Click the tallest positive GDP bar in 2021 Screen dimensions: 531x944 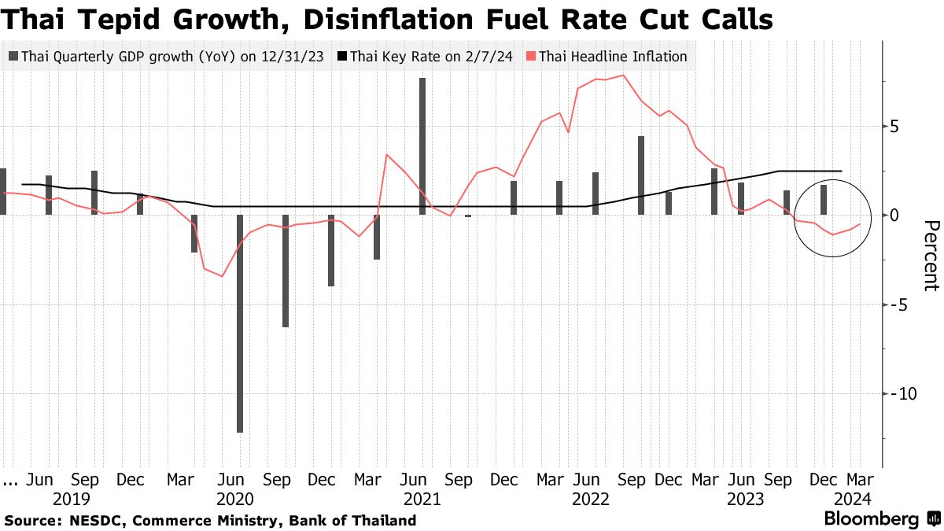pos(422,146)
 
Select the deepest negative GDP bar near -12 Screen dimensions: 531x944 pos(239,323)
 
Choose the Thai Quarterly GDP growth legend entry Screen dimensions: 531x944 pos(168,57)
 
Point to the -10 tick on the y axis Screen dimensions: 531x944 pos(897,393)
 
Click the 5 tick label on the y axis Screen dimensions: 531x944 pos(894,126)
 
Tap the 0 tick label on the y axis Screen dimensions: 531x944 pos(894,215)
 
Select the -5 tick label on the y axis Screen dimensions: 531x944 pos(897,304)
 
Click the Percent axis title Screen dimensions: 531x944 pos(931,256)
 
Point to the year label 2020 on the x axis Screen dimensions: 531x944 pos(234,499)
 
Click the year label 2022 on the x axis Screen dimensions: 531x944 pos(591,499)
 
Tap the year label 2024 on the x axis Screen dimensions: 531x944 pos(852,499)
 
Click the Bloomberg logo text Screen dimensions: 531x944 pos(871,519)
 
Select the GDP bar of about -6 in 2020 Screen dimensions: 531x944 pos(286,271)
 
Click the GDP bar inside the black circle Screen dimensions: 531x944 pos(824,200)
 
